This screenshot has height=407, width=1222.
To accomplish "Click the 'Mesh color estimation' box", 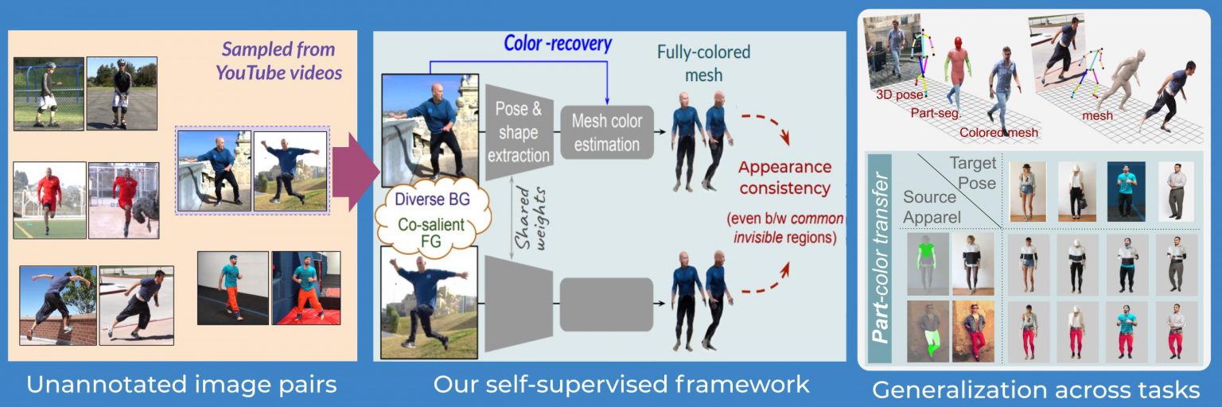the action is (607, 133).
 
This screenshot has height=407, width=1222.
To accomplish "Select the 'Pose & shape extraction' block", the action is (519, 133).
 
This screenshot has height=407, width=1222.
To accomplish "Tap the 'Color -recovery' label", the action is (557, 43).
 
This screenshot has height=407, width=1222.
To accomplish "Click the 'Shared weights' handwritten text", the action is (531, 219).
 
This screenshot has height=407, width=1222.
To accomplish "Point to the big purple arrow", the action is (356, 172).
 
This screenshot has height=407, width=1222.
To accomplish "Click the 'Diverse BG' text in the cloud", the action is (432, 200).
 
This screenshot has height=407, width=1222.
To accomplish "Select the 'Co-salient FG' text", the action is (431, 233).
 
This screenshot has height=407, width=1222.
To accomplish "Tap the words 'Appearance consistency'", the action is (784, 177).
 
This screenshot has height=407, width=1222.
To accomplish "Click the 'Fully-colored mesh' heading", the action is (703, 64).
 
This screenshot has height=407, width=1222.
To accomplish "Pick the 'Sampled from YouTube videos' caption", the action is (278, 61).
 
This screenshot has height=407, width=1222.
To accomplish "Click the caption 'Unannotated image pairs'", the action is (181, 384).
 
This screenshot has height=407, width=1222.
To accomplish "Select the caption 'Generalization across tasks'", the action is (1035, 390).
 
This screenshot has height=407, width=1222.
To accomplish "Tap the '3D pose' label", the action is (900, 95).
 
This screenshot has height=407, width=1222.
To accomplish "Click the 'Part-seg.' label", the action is (936, 114).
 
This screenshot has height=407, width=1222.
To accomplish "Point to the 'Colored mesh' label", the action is (998, 133).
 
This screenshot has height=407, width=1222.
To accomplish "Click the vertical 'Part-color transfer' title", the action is (880, 258).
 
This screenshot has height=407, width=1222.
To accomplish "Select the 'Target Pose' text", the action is (973, 172).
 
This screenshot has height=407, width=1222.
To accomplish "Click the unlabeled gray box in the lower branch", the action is (607, 304).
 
